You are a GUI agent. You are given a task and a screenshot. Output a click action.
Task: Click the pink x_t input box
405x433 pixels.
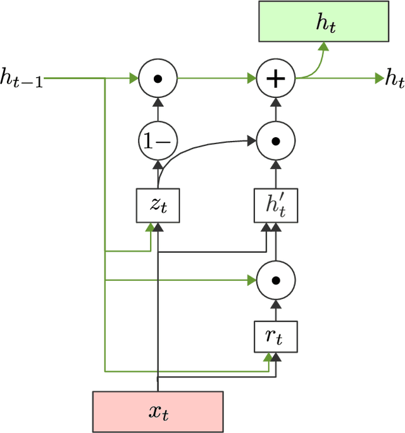pos(158,412)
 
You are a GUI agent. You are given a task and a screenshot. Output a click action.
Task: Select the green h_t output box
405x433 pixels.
pos(323,22)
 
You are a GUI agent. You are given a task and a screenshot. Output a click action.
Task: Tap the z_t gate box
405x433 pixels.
pos(158,204)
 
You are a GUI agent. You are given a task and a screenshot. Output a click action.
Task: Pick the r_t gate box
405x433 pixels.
pos(275,337)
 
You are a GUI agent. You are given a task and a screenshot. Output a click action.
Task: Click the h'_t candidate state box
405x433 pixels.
pos(275,204)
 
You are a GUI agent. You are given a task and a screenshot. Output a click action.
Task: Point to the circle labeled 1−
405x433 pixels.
pos(158,141)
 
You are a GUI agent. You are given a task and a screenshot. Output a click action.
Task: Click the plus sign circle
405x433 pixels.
pos(275,79)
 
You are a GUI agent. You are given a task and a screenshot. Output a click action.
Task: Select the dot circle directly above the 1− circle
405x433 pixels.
pos(158,79)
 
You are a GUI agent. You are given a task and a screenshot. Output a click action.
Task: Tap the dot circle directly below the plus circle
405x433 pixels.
pos(275,141)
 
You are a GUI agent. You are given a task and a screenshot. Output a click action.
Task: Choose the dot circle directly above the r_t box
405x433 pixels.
pos(275,279)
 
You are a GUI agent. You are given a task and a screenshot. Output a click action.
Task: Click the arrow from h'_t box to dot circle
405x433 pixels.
pos(275,173)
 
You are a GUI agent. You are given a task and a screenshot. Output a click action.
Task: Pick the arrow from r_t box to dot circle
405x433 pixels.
pos(275,308)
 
